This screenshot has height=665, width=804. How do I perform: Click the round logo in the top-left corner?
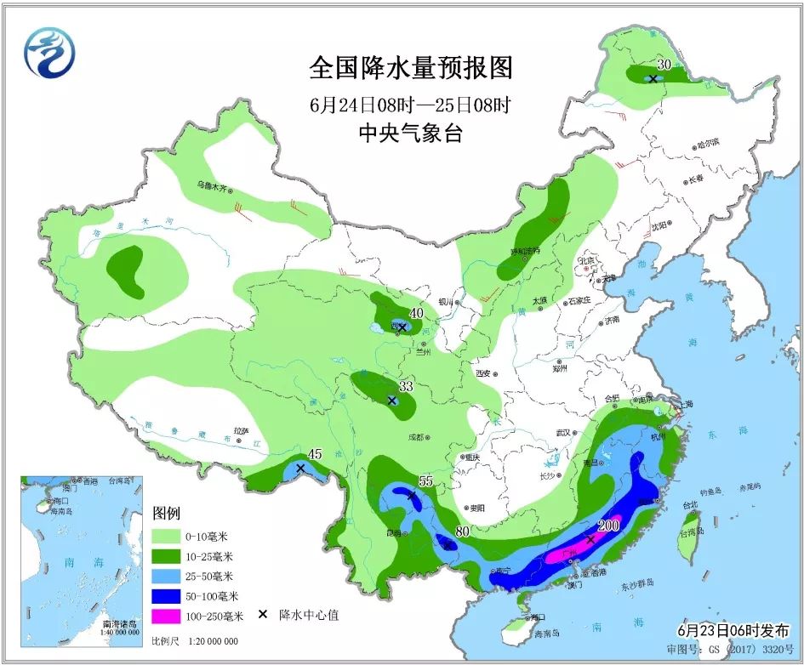click(49, 54)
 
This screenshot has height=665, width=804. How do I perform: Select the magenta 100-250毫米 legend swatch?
click(171, 615)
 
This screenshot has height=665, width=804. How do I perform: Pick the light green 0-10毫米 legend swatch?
click(171, 537)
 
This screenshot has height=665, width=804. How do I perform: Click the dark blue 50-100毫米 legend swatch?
click(171, 595)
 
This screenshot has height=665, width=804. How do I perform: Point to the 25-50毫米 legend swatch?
click(171, 576)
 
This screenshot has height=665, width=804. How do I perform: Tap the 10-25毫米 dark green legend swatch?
click(171, 556)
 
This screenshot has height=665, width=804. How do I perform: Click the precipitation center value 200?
click(608, 526)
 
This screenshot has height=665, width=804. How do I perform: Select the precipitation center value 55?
click(425, 481)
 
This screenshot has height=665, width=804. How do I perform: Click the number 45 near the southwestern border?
click(314, 454)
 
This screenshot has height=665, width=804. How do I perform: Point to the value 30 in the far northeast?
click(664, 64)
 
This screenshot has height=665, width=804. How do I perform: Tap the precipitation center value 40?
click(415, 313)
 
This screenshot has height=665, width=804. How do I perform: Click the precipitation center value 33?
click(406, 386)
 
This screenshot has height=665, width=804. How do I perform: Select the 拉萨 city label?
click(244, 431)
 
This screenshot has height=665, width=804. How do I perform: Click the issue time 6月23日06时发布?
click(733, 630)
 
